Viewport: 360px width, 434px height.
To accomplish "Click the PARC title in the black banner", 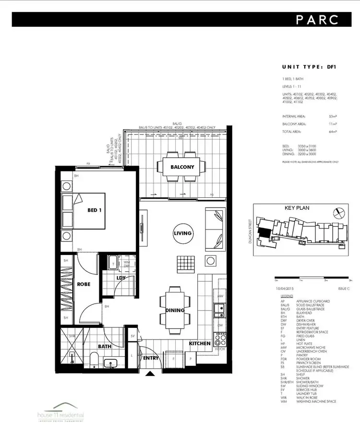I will coord(317,20).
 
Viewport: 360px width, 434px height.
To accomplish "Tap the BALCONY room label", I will coord(182,167).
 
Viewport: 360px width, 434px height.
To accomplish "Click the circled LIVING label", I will coord(182,233).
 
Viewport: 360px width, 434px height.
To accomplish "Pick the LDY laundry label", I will coord(121,277).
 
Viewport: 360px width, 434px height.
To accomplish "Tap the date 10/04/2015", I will coord(284,288).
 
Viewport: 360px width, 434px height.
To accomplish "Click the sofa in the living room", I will coord(214,229).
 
